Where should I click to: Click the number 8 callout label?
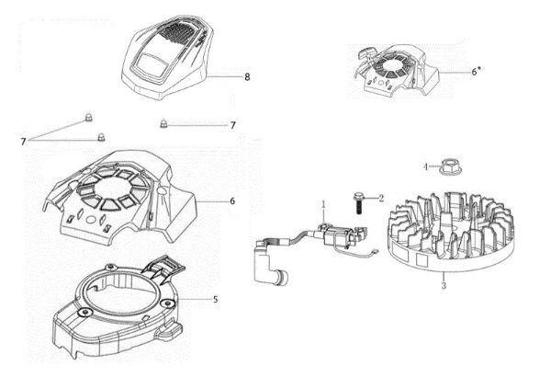[247, 78]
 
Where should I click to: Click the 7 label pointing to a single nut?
[232, 125]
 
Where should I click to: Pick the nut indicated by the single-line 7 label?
[163, 123]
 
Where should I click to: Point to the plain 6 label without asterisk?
[232, 200]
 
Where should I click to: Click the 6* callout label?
[476, 71]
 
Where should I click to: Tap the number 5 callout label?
[214, 299]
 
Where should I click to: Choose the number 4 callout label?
[425, 166]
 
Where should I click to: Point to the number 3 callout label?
[444, 288]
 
